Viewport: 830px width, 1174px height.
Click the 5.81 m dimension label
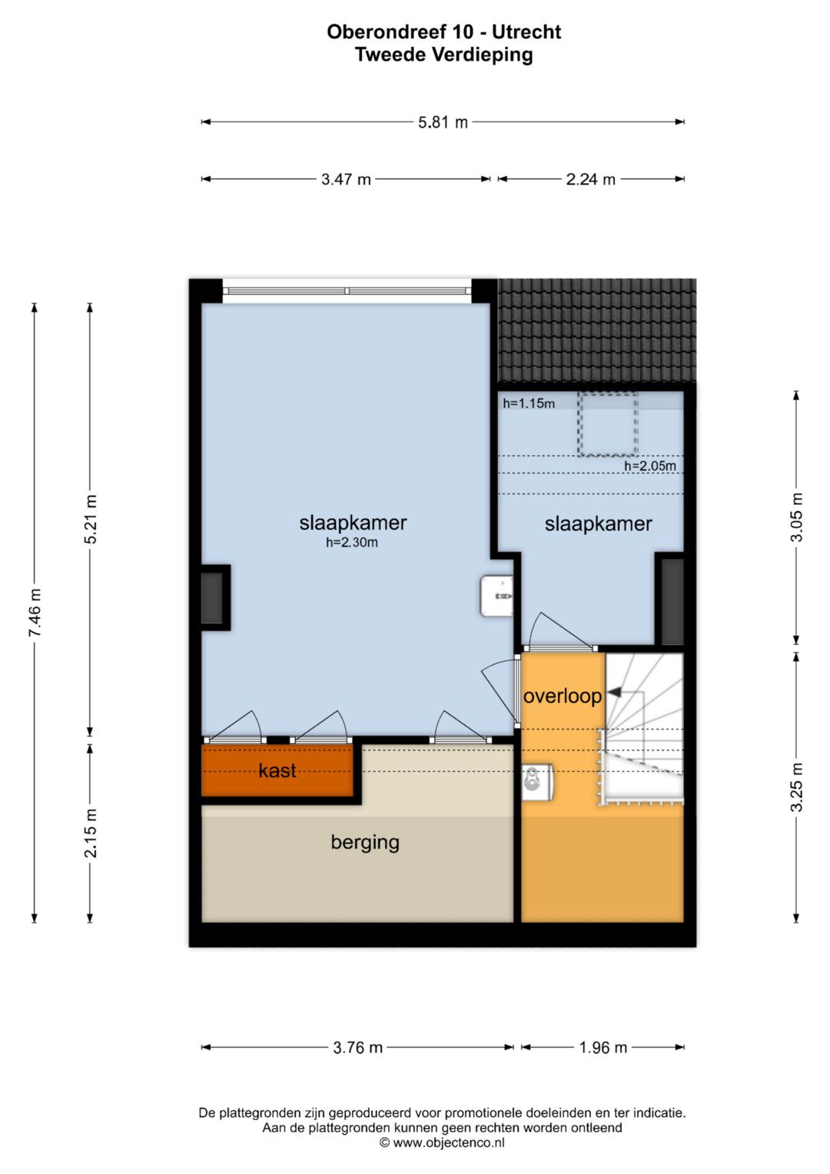pyautogui.click(x=442, y=123)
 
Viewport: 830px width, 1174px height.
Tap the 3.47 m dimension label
pyautogui.click(x=346, y=180)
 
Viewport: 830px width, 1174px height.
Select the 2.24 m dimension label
pyautogui.click(x=590, y=180)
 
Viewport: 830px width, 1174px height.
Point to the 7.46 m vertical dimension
pyautogui.click(x=35, y=613)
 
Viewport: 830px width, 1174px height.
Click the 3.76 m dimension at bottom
pyautogui.click(x=358, y=1048)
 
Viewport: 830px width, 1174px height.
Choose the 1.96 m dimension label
pyautogui.click(x=603, y=1048)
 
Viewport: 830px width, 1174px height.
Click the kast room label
pyautogui.click(x=277, y=770)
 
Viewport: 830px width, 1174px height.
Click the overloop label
pyautogui.click(x=563, y=697)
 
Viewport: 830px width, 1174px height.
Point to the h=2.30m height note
pyautogui.click(x=352, y=543)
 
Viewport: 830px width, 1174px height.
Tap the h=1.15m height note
pyautogui.click(x=529, y=403)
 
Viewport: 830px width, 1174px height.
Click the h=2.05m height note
pyautogui.click(x=649, y=465)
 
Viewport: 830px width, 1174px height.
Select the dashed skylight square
pyautogui.click(x=608, y=424)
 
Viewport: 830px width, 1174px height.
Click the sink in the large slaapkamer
pyautogui.click(x=496, y=596)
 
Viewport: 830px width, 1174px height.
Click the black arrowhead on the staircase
pyautogui.click(x=614, y=693)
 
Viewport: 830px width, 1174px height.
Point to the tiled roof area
pyautogui.click(x=597, y=331)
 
